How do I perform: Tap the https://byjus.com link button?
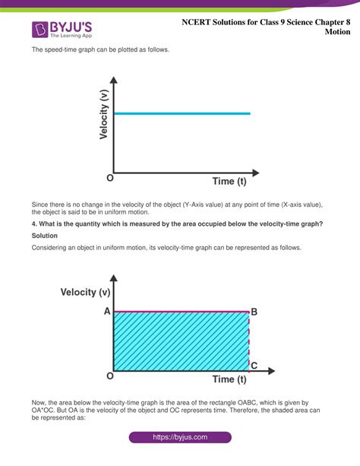(180, 437)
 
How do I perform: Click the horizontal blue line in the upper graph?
(182, 114)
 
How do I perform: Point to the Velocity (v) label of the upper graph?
(103, 114)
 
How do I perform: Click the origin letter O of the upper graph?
(111, 178)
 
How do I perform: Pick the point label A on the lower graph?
(107, 312)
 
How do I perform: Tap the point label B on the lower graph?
(254, 312)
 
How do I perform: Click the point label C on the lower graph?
(254, 366)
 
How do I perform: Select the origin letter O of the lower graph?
(110, 376)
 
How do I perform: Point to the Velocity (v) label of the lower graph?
(90, 292)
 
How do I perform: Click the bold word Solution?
(48, 235)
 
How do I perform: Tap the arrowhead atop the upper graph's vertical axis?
(113, 80)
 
